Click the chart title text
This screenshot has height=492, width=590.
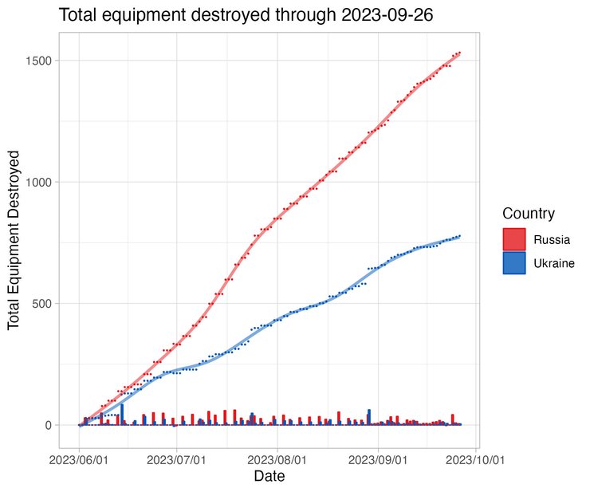246,15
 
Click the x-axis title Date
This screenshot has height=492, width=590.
269,478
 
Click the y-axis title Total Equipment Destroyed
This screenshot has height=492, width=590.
14,242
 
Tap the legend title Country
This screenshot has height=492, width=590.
529,214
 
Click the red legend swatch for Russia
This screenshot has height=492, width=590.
514,239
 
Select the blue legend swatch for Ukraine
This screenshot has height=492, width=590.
514,263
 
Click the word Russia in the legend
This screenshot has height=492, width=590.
552,239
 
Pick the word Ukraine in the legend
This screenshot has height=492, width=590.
554,263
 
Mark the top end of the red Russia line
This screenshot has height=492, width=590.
460,53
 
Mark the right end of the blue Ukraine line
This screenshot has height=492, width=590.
460,236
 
